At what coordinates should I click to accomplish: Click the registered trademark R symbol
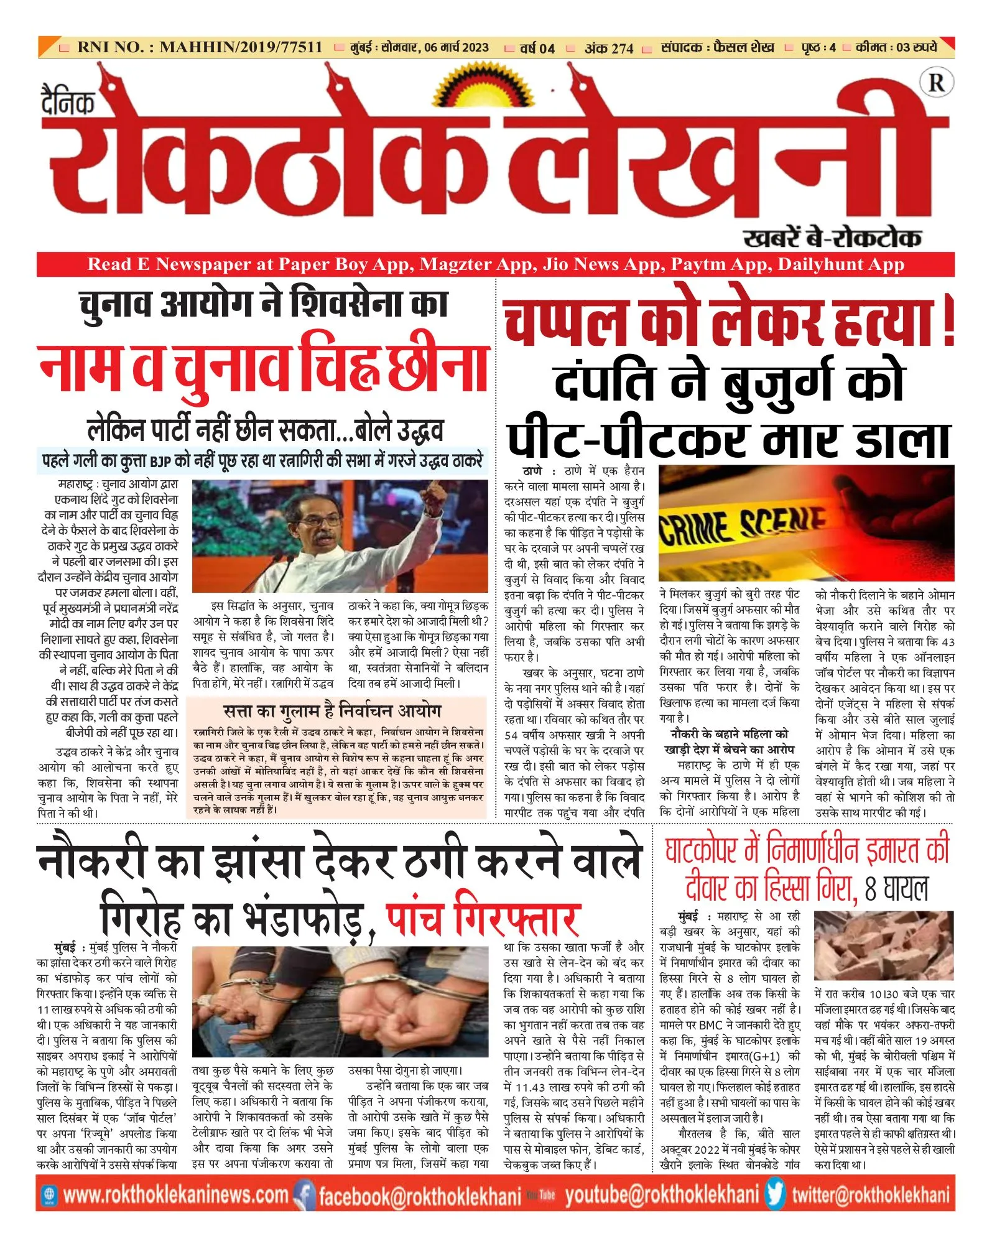(x=937, y=83)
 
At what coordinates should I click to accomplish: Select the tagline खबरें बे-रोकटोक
(x=832, y=238)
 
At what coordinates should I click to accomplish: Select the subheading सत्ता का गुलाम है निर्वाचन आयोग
(x=332, y=711)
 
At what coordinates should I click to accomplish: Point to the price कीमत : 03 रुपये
(x=896, y=47)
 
